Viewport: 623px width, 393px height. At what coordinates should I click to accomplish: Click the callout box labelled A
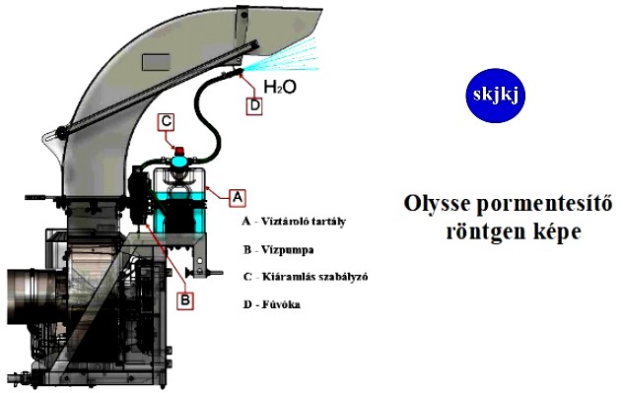pos(238,197)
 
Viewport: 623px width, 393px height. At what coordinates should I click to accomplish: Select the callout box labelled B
pos(185,300)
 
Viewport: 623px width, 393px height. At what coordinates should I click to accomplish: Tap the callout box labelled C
pos(166,122)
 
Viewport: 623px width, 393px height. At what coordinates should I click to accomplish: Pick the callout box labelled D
pos(254,106)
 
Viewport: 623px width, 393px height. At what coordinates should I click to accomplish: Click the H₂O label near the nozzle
pos(280,87)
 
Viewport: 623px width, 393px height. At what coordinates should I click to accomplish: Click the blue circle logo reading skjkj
pos(496,96)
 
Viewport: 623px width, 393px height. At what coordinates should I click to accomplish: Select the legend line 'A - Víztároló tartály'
pos(294,221)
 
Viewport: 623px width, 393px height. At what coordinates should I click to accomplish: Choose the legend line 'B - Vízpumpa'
pos(279,250)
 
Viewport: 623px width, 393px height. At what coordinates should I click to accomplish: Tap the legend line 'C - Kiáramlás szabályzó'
pos(306,277)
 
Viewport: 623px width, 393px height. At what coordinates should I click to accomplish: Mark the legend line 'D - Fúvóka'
pos(272,304)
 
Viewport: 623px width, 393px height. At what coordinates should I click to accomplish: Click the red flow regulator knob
pos(179,151)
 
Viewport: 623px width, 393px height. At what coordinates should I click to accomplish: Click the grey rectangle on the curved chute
pos(156,62)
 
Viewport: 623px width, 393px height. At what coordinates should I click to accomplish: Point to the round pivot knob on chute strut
pos(61,132)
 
